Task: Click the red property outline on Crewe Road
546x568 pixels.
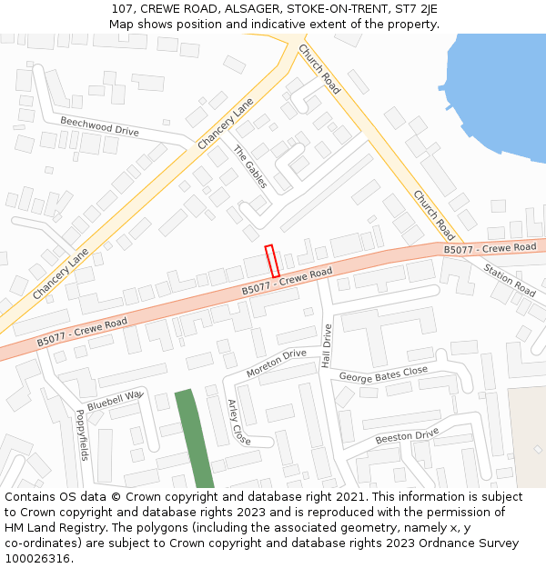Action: click(x=271, y=261)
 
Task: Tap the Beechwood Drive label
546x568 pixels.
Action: click(x=99, y=125)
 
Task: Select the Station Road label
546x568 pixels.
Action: click(x=510, y=280)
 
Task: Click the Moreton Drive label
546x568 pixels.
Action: click(x=276, y=363)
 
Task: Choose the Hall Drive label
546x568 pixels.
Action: click(x=327, y=345)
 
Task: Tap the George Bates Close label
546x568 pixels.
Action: click(x=383, y=374)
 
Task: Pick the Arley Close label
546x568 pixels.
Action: click(x=238, y=422)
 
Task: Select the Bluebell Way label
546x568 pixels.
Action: click(x=116, y=400)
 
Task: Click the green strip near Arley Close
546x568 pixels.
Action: click(x=194, y=439)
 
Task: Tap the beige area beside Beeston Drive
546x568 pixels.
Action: click(x=527, y=436)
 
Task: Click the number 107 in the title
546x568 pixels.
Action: click(x=123, y=8)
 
